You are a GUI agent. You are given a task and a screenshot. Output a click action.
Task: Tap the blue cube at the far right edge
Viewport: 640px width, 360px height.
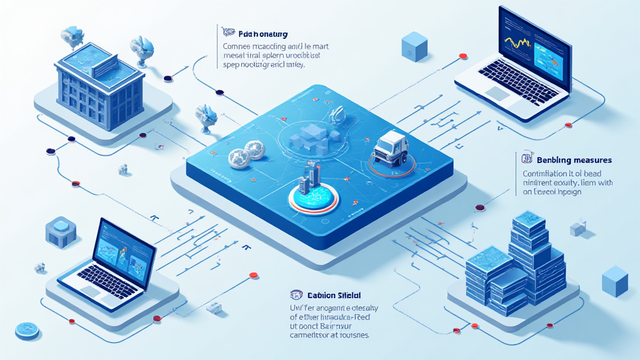tap(615, 281)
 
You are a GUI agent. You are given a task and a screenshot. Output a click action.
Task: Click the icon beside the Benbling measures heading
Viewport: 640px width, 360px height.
tap(525, 159)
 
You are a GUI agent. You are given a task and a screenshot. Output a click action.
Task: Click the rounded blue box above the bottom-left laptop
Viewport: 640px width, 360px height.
tap(61, 232)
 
